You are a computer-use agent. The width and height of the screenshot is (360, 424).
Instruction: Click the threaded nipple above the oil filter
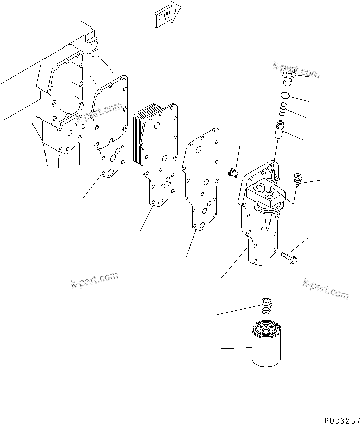[x=266, y=306]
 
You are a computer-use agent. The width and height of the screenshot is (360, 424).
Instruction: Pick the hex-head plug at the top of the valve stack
[x=287, y=77]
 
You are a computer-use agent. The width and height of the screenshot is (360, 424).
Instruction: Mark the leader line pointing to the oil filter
[x=233, y=348]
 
